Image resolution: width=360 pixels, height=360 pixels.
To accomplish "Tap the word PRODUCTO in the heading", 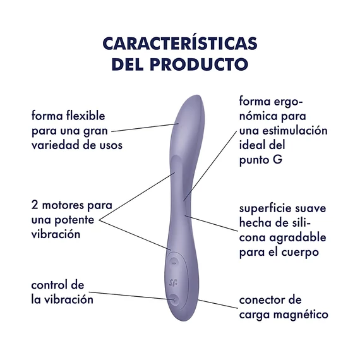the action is click(199, 64).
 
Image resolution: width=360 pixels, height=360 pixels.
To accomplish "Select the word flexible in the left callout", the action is click(86, 116).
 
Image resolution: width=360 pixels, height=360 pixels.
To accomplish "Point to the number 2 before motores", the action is click(35, 205).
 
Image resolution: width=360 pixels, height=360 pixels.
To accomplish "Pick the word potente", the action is click(75, 220).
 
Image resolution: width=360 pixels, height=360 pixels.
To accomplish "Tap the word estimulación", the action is click(295, 130).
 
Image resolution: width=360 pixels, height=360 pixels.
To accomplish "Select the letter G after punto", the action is click(277, 160).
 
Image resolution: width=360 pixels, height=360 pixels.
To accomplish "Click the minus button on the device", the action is click(174, 263).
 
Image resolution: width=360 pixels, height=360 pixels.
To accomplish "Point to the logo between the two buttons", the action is click(173, 282).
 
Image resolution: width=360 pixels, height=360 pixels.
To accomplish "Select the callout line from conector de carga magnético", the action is click(218, 304).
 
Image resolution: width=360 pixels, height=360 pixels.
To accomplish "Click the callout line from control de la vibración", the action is click(132, 296).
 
